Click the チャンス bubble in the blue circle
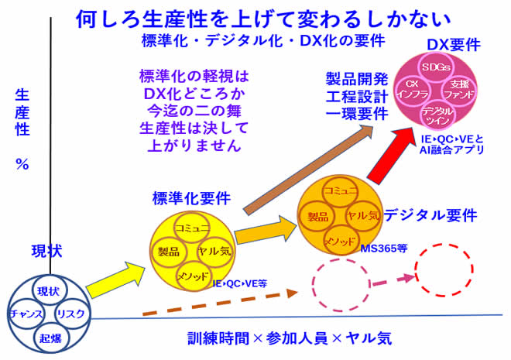26,314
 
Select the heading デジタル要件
430,215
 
